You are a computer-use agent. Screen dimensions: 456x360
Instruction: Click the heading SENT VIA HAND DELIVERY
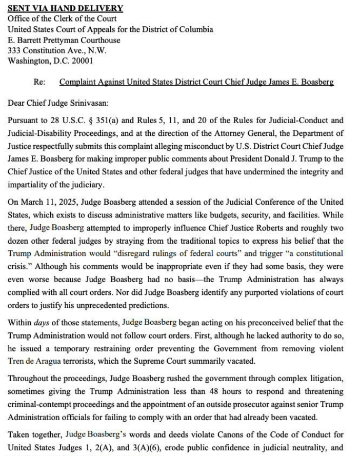point(65,8)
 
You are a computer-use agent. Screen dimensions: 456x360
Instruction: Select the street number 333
point(14,50)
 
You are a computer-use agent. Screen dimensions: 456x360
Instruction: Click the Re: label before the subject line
point(39,82)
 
